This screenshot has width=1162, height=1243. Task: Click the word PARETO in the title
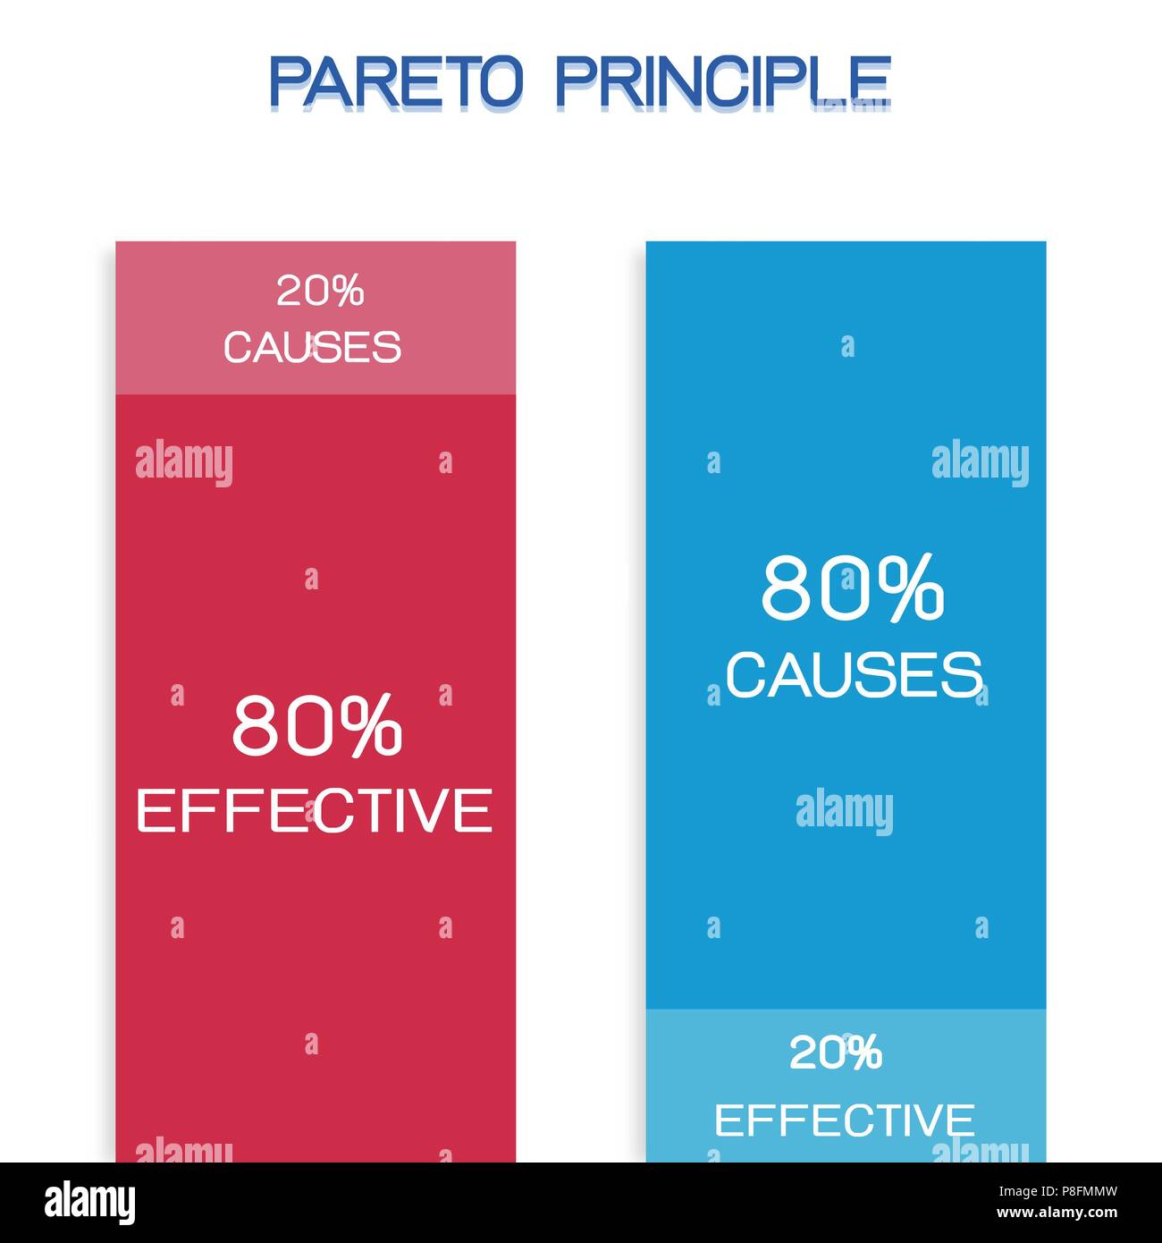(x=395, y=81)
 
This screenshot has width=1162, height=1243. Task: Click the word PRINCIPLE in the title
(x=722, y=81)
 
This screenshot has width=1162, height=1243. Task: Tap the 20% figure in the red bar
(x=320, y=291)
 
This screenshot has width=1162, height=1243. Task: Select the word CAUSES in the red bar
(x=313, y=347)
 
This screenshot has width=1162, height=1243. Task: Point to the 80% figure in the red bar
(x=317, y=725)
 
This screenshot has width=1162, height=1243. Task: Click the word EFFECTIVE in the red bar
(x=315, y=810)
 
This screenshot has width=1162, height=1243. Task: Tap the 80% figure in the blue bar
(x=852, y=588)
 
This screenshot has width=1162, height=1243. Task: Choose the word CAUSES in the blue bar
(x=854, y=674)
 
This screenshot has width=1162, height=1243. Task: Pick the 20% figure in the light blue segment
(x=836, y=1053)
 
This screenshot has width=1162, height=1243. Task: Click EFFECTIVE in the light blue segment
(x=845, y=1120)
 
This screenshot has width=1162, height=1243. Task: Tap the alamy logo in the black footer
(x=90, y=1202)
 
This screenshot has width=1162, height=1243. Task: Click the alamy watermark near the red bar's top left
(x=184, y=462)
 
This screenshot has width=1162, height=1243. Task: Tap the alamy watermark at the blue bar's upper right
(x=980, y=462)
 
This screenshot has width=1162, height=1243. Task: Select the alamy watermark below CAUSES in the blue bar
(x=844, y=811)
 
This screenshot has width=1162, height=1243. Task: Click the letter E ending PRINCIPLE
(x=869, y=81)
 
